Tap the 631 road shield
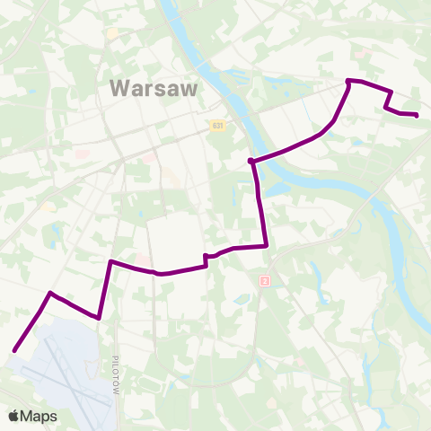pyautogui.click(x=218, y=126)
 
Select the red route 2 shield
pyautogui.click(x=265, y=281)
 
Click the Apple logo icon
pyautogui.click(x=13, y=416)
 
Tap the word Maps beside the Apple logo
pyautogui.click(x=40, y=416)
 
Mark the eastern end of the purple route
pyautogui.click(x=418, y=115)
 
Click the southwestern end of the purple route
pyautogui.click(x=14, y=351)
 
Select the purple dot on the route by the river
pyautogui.click(x=251, y=162)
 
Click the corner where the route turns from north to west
pyautogui.click(x=267, y=245)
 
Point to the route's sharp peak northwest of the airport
pyautogui.click(x=50, y=293)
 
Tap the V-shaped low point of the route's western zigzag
pyautogui.click(x=97, y=317)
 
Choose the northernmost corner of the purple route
pyautogui.click(x=347, y=82)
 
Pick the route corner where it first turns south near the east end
pyautogui.click(x=391, y=92)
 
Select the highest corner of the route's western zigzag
pyautogui.click(x=110, y=261)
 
